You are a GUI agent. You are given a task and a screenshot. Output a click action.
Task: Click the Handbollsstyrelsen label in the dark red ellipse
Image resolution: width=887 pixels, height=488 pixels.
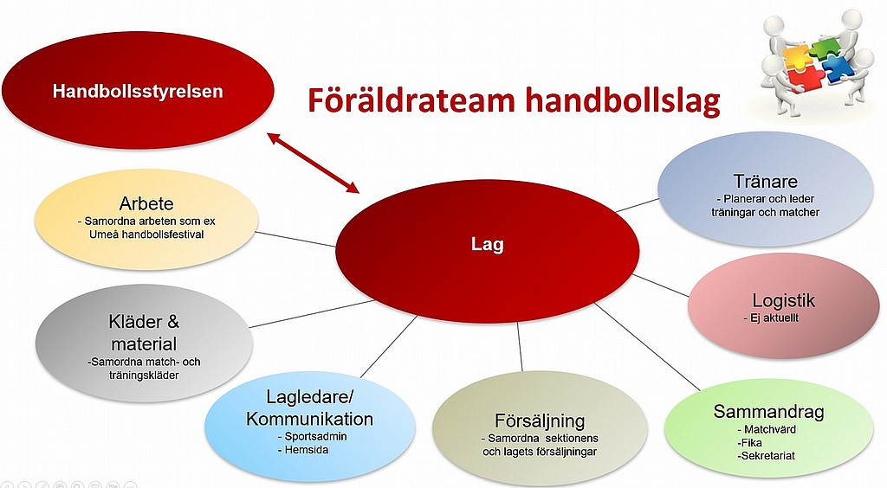click(x=138, y=92)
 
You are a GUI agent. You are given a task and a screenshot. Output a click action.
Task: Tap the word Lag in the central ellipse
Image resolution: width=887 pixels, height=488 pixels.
click(x=487, y=245)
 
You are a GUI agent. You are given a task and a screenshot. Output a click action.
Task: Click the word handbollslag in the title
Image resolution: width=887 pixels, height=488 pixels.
click(x=622, y=100)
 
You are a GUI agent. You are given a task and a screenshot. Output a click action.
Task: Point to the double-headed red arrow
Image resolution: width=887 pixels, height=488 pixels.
click(x=313, y=163)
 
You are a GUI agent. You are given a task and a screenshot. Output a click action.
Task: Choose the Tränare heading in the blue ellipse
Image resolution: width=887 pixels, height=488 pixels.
click(x=766, y=181)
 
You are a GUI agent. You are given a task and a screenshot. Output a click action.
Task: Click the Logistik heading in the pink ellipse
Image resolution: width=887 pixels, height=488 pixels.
click(x=783, y=300)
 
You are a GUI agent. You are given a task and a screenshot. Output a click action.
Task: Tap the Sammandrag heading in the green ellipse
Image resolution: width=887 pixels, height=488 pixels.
click(x=768, y=412)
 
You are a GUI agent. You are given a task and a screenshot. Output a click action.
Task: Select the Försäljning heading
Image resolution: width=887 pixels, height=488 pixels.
click(x=540, y=421)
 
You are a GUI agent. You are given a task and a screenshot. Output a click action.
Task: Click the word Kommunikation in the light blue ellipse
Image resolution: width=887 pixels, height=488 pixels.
click(x=309, y=419)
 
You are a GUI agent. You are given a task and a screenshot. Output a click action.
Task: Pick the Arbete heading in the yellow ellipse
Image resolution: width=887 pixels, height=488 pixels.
click(x=146, y=203)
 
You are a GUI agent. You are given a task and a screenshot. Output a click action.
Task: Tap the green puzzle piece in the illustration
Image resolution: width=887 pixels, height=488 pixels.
click(x=825, y=47)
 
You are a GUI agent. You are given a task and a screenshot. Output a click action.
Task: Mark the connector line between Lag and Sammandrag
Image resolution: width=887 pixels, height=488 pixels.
click(x=647, y=346)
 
